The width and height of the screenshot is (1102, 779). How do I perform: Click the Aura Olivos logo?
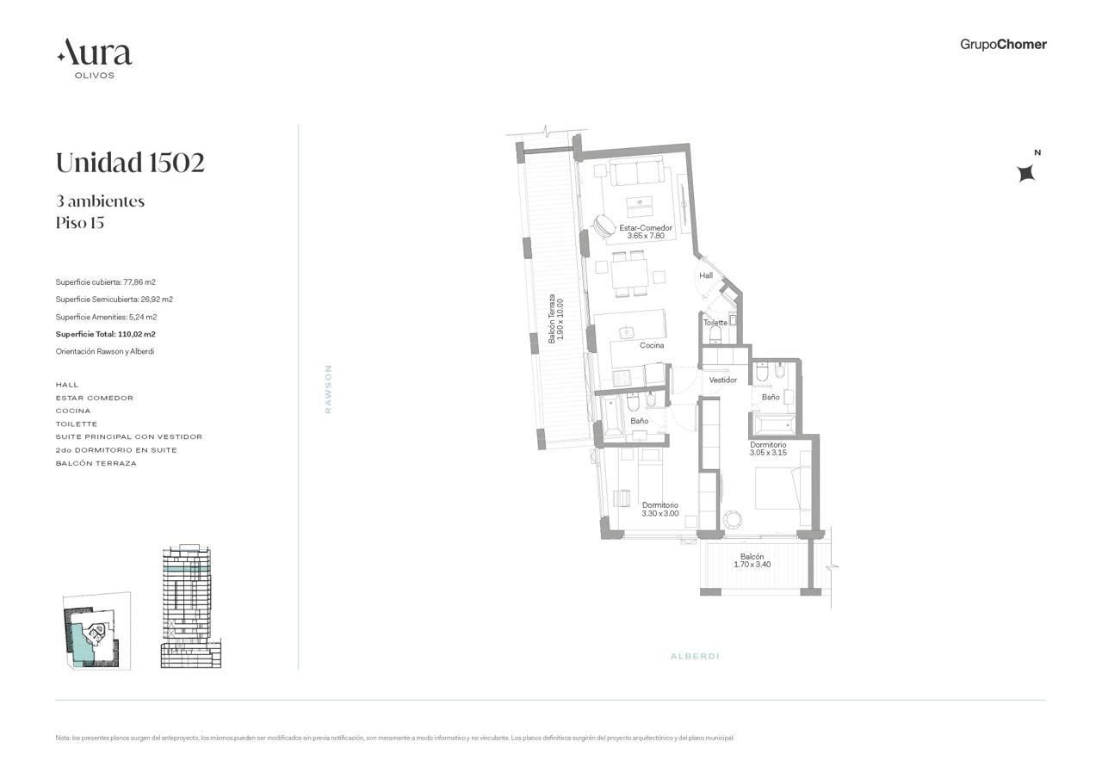[95, 59]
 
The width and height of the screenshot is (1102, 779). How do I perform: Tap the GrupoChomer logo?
[1003, 44]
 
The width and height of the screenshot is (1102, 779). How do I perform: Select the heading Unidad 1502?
[130, 163]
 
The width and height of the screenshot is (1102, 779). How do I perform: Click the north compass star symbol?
[1026, 173]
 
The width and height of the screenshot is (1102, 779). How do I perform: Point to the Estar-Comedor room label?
[646, 228]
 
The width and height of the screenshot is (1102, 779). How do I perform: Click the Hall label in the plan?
[706, 275]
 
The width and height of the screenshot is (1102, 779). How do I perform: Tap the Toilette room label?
[715, 323]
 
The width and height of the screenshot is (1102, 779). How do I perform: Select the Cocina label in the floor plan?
[652, 345]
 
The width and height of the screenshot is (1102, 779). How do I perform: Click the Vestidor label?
[722, 380]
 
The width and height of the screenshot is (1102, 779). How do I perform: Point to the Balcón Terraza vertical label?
[556, 318]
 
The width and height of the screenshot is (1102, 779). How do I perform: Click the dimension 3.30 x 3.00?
[660, 513]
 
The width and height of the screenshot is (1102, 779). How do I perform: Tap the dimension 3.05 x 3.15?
[768, 453]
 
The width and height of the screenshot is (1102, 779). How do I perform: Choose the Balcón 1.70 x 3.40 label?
[752, 560]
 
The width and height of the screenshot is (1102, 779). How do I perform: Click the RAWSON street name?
[328, 388]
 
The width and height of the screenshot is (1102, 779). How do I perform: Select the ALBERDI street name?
[695, 656]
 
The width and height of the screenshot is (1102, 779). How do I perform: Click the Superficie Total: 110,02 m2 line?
[105, 335]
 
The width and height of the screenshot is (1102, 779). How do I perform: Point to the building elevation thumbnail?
[191, 606]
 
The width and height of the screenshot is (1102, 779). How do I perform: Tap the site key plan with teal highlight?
[96, 631]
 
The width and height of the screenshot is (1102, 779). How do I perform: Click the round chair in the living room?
[603, 226]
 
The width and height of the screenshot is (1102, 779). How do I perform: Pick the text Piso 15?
[80, 223]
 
